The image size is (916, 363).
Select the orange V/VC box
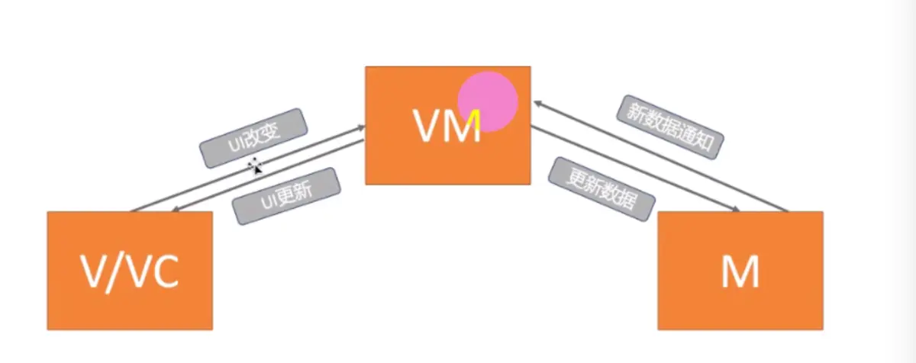tap(130, 271)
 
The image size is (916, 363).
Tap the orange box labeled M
tap(740, 271)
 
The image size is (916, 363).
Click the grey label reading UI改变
tap(253, 137)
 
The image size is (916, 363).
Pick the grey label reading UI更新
tap(285, 196)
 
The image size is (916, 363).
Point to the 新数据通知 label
tap(670, 127)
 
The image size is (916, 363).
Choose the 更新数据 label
tap(602, 189)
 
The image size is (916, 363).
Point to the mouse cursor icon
tap(256, 165)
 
